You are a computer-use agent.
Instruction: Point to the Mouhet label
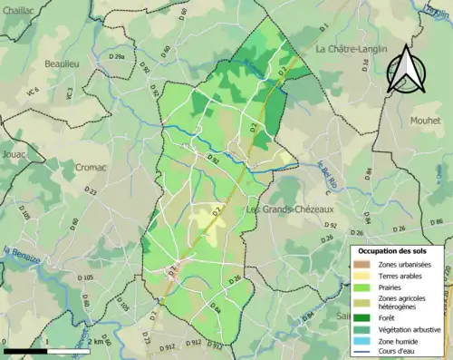[x=425, y=119]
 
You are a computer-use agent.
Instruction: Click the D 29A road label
[x=118, y=57]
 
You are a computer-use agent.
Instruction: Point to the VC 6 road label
[x=34, y=92]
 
